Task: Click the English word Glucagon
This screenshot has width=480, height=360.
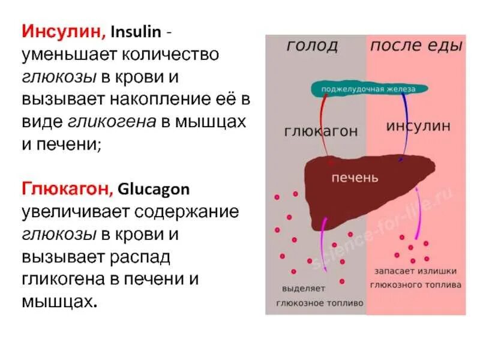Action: pos(154,189)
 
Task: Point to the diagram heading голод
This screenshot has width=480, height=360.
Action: pos(311,46)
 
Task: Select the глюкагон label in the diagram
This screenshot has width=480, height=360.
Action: pos(321,130)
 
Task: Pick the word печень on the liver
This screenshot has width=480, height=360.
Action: pos(356,178)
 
